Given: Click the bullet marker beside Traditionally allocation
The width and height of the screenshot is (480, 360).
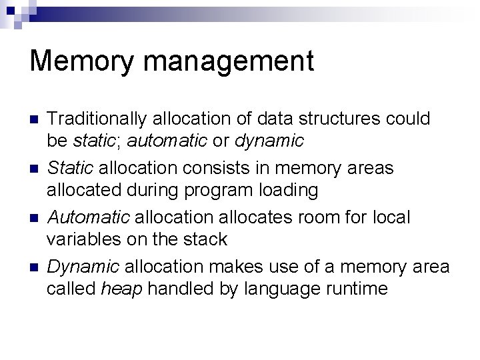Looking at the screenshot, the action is coord(35,120).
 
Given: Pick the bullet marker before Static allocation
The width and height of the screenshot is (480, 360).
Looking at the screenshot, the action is coord(35,169).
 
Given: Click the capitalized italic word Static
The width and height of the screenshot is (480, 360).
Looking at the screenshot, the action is coord(70,169).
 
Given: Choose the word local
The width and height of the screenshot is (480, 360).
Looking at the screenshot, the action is coord(391,218).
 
